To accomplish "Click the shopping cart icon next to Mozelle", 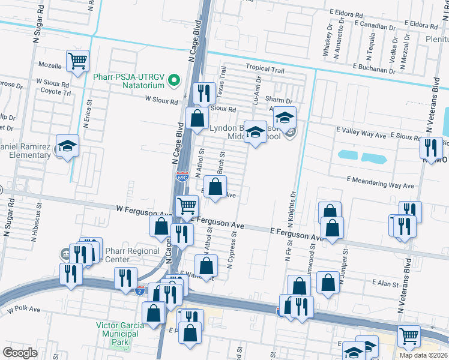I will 78,61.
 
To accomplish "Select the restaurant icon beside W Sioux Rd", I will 204,94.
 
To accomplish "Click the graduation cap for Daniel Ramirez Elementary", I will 67,146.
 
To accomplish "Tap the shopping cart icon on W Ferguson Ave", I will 187,206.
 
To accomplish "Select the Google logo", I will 20,352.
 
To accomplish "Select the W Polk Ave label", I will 24,310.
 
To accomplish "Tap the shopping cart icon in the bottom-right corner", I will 409,336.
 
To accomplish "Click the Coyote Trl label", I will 56,92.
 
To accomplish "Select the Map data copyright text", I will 423,355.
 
